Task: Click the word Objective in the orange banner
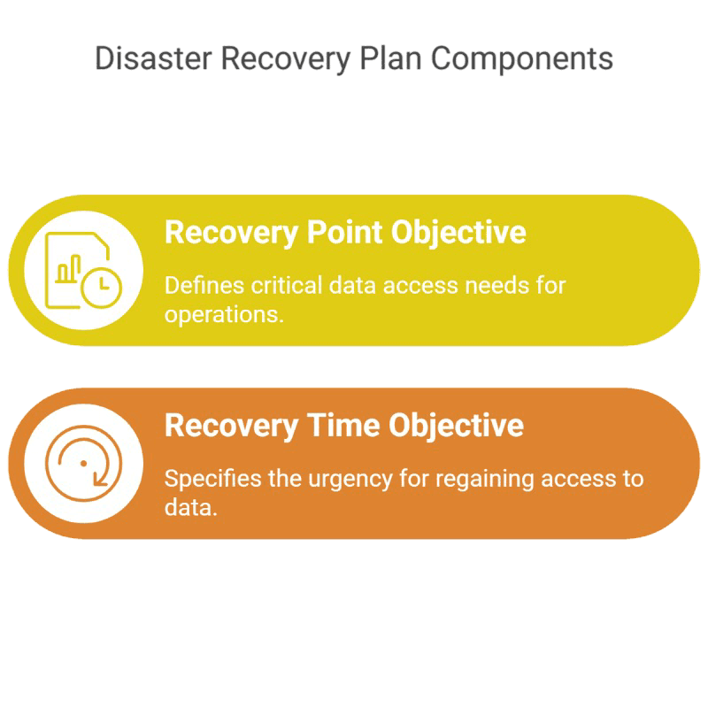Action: (x=456, y=425)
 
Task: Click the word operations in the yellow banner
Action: (x=224, y=315)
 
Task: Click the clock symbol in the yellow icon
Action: (x=101, y=284)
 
